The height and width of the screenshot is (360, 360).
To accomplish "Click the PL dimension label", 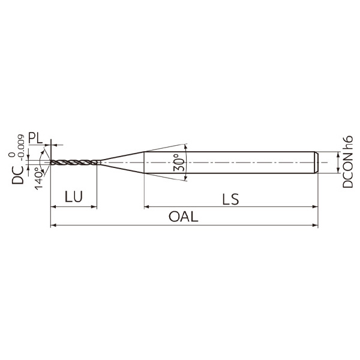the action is click(x=35, y=138).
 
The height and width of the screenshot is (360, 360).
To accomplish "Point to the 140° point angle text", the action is click(x=39, y=179).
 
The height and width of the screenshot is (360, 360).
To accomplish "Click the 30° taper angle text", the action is click(x=179, y=163).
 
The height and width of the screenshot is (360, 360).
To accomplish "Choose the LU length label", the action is click(x=73, y=197).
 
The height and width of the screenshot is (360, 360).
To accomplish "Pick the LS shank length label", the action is click(x=230, y=199).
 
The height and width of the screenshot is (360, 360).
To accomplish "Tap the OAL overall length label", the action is click(x=183, y=217).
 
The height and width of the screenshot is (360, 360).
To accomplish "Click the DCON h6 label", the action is click(x=347, y=161).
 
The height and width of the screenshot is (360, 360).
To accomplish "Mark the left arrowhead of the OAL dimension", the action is click(x=53, y=225).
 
